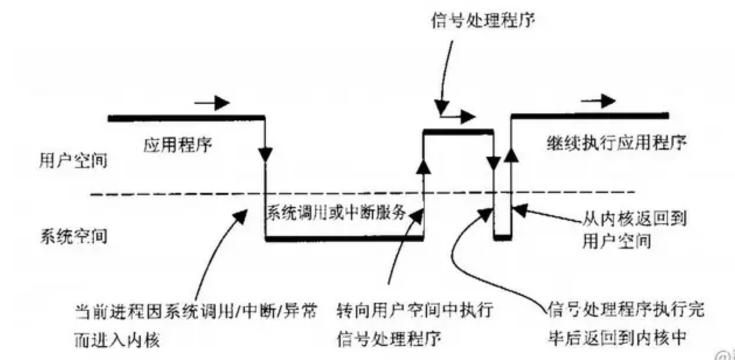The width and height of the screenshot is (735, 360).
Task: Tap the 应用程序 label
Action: (178, 144)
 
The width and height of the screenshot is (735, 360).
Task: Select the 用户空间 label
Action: (69, 160)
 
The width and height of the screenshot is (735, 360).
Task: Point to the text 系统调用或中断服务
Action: (336, 212)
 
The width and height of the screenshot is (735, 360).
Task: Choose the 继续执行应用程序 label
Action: (616, 143)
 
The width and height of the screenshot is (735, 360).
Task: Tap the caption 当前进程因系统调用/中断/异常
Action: (196, 310)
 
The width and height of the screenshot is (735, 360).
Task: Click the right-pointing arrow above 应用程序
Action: (212, 103)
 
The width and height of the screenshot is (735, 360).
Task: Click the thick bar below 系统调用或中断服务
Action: (344, 238)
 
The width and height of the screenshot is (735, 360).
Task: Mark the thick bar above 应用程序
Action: (187, 118)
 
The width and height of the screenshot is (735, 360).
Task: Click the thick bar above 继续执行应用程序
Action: (590, 115)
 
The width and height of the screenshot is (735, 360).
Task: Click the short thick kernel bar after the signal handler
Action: (502, 237)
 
